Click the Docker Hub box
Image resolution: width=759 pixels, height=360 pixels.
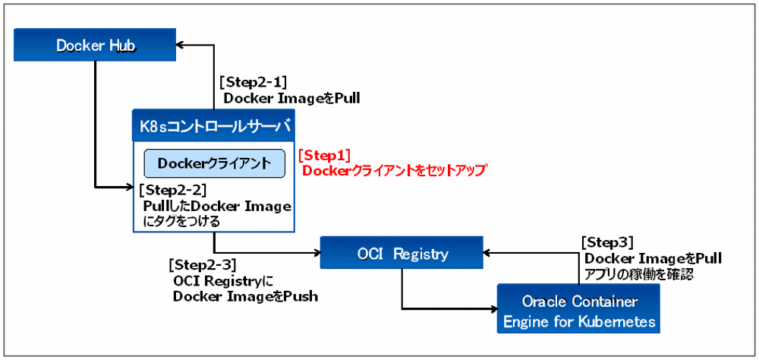[x=96, y=46]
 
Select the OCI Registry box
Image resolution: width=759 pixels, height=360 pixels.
[x=402, y=253]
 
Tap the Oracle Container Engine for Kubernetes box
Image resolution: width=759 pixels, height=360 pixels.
[x=578, y=311]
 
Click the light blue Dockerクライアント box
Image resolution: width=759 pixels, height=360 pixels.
[x=214, y=163]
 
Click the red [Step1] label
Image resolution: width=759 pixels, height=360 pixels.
[x=324, y=155]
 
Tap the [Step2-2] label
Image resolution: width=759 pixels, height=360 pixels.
[x=172, y=190]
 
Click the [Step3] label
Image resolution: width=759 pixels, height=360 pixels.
[x=607, y=242]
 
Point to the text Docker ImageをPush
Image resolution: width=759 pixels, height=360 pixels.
[x=245, y=296]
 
